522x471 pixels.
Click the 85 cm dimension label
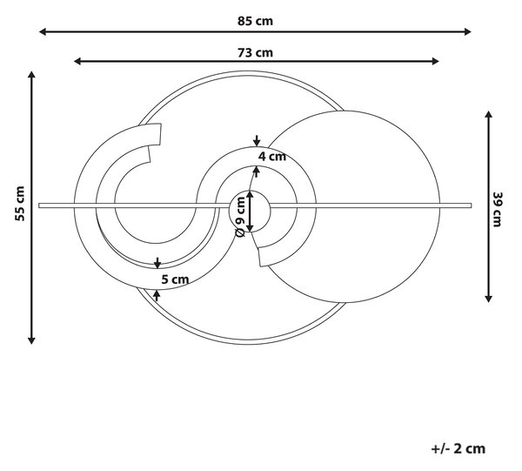click(x=255, y=21)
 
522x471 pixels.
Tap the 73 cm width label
click(x=255, y=52)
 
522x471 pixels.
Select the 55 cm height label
click(x=20, y=204)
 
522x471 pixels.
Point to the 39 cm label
click(x=497, y=209)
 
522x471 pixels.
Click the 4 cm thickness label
click(x=272, y=156)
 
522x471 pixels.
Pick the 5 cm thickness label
click(x=175, y=279)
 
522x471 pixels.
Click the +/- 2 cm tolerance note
click(x=458, y=448)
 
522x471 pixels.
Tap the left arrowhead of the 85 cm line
click(x=43, y=32)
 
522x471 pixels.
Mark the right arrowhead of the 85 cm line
click(x=468, y=32)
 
